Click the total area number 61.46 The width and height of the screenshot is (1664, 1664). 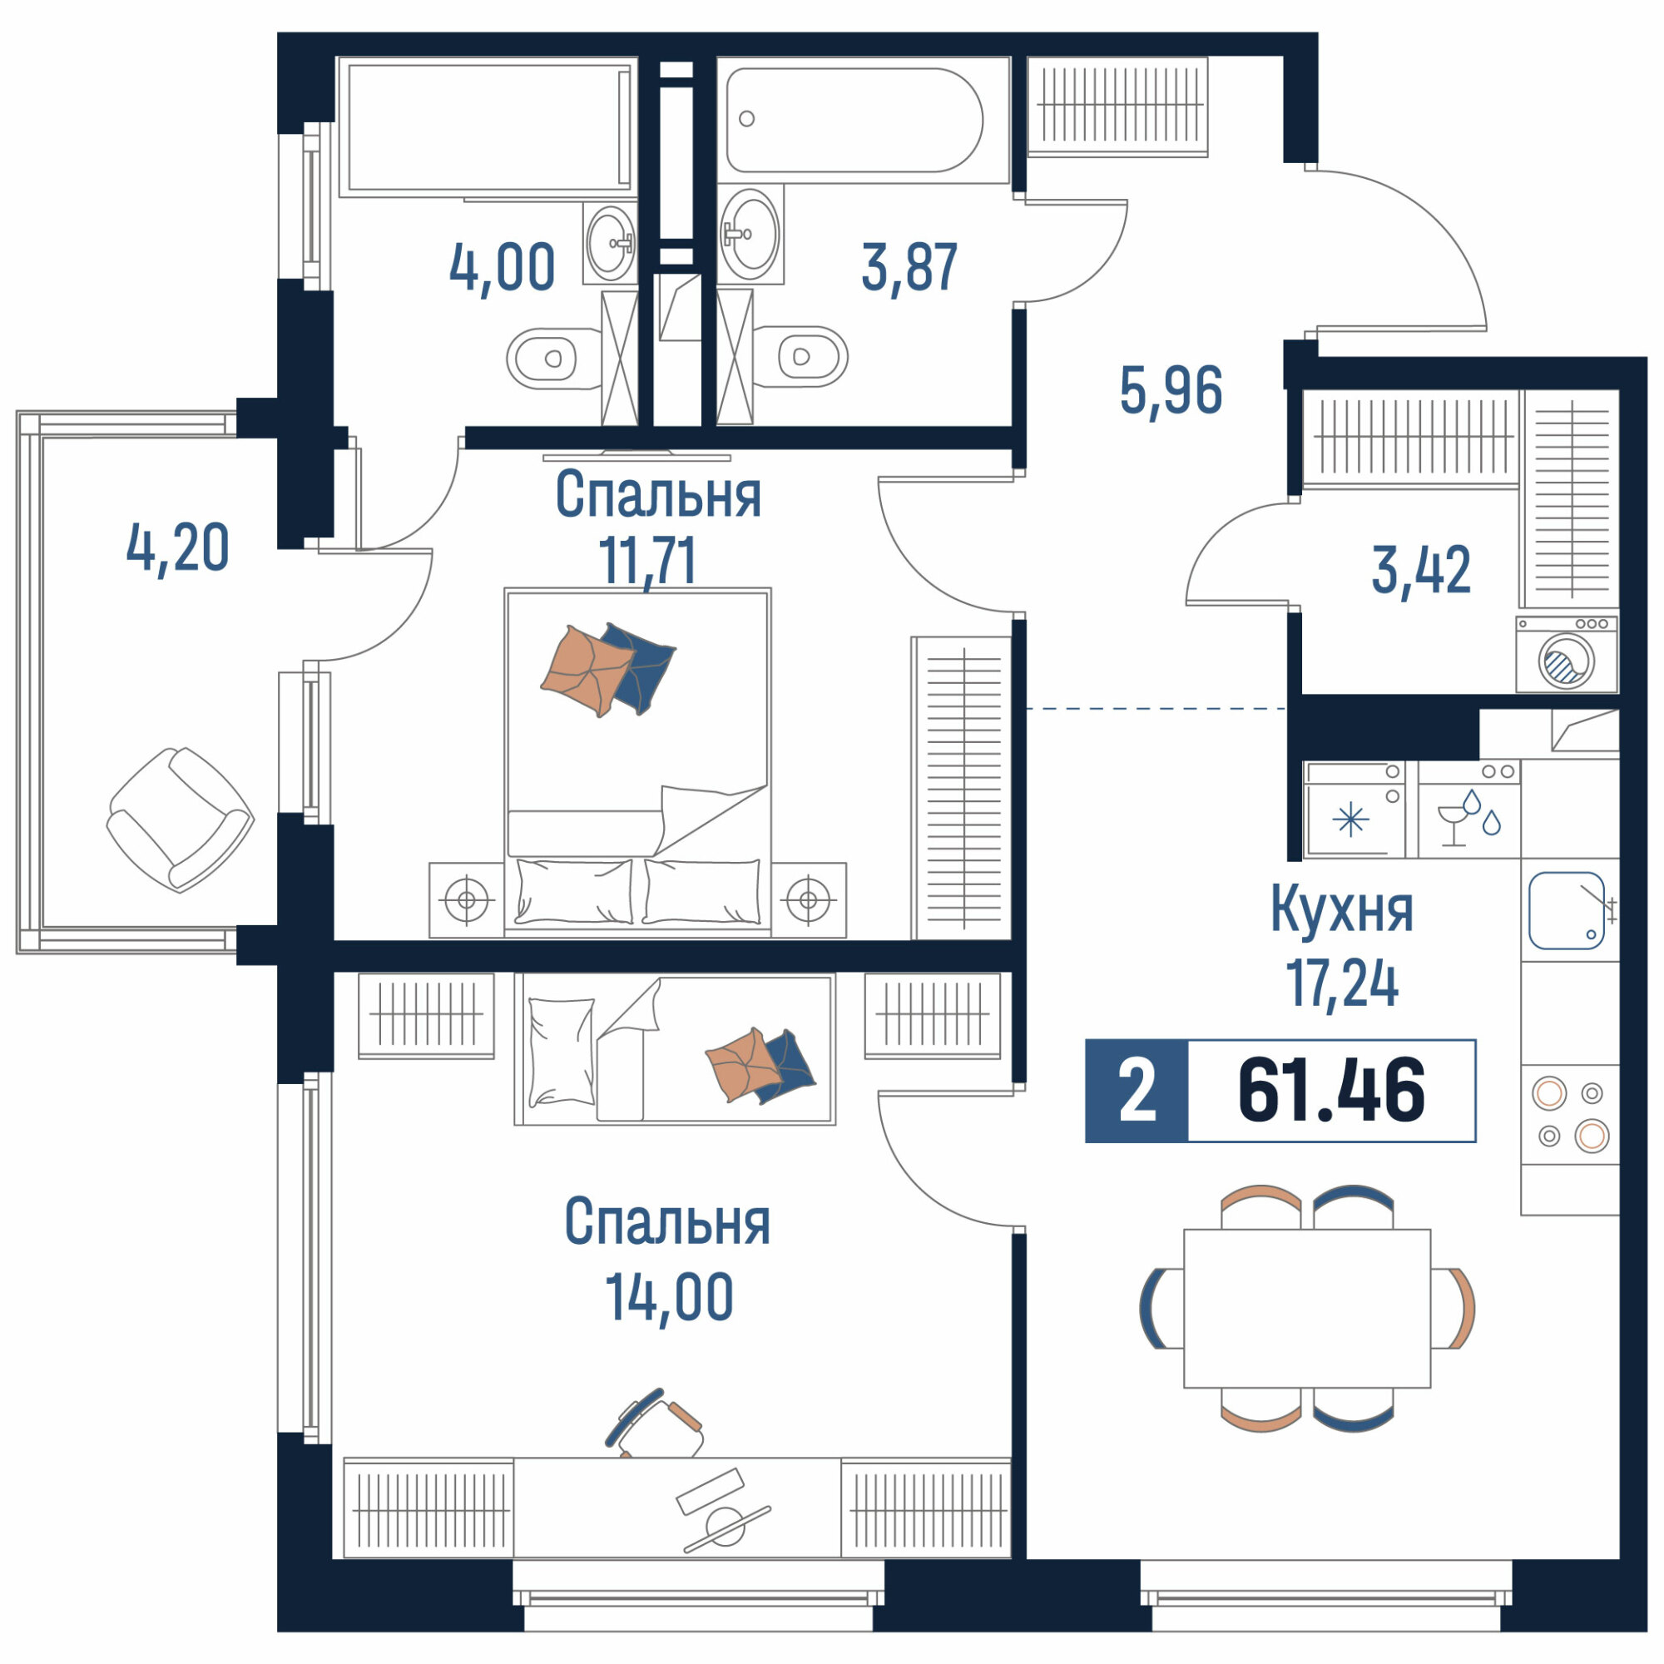(1330, 1092)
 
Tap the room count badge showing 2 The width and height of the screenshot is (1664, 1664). (1137, 1092)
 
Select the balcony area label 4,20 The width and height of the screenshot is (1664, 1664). (177, 547)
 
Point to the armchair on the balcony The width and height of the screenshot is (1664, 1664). (180, 819)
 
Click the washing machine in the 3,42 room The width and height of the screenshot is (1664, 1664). (1567, 654)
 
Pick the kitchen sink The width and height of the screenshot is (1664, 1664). (1567, 910)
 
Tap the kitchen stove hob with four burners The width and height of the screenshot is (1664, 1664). (1570, 1115)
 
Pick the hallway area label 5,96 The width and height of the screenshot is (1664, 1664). (1171, 390)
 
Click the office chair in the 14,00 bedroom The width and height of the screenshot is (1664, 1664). (655, 1424)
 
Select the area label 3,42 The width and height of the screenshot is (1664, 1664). (1421, 570)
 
